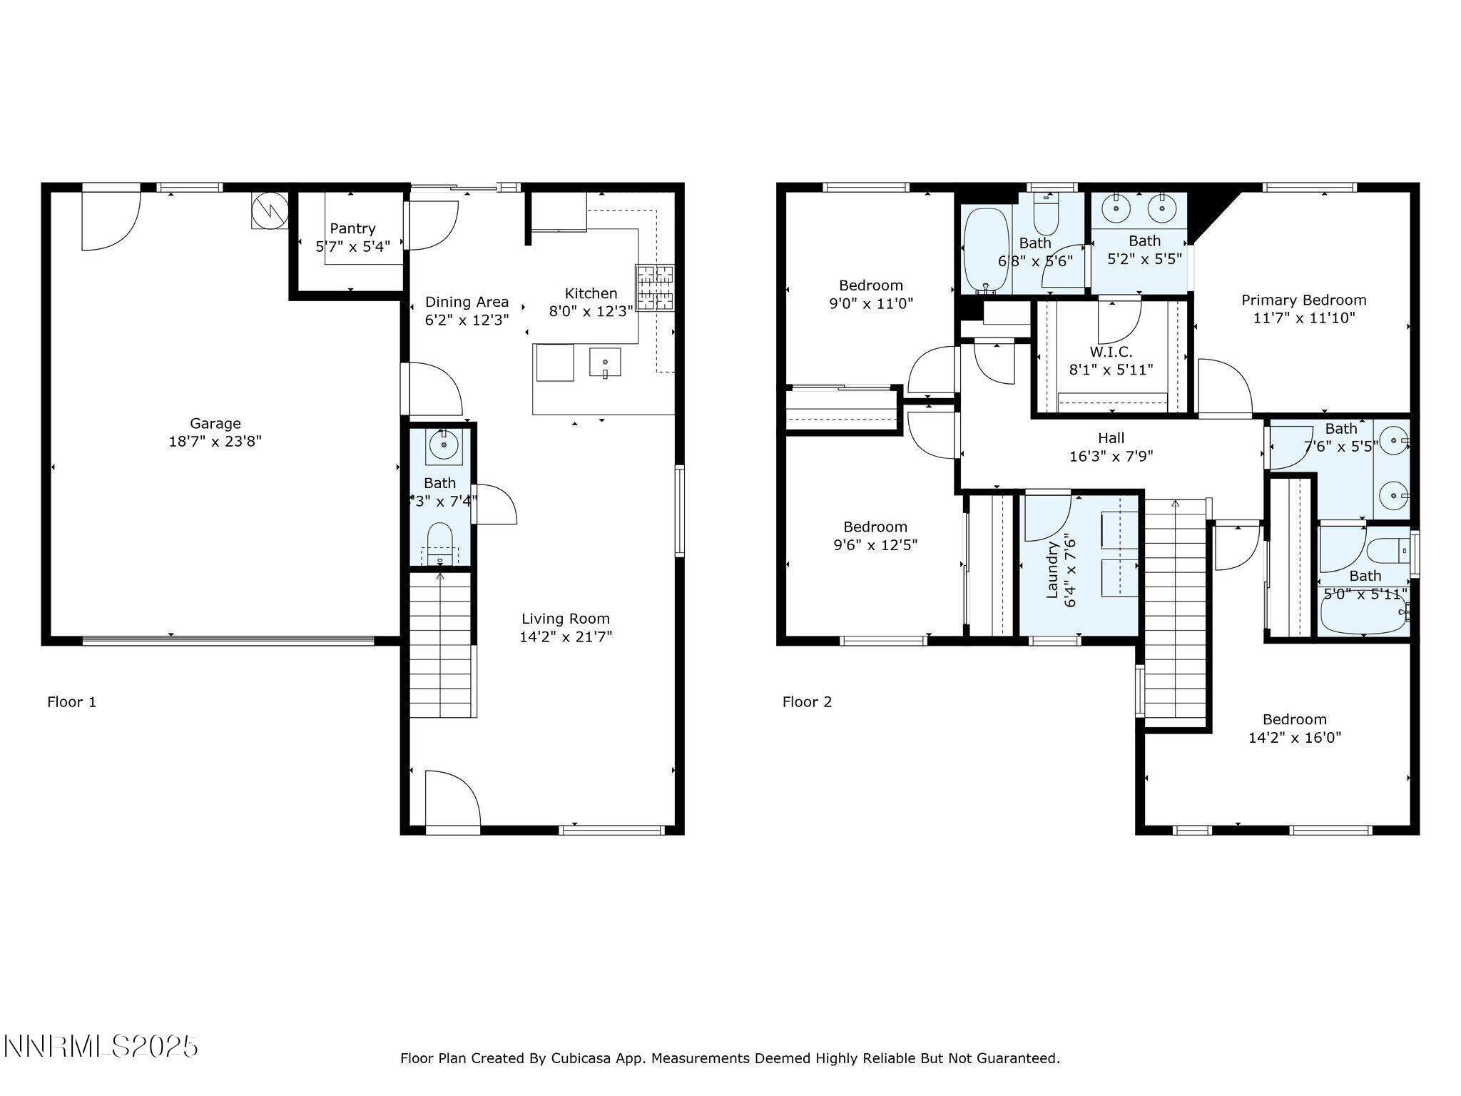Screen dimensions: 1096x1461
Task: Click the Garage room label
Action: (x=215, y=423)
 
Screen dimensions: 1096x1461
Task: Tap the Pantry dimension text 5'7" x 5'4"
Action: (x=352, y=247)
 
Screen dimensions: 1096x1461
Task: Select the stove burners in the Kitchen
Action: (x=655, y=288)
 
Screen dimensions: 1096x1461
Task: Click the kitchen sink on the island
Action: (x=605, y=362)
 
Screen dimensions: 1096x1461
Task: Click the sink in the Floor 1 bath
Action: (x=444, y=445)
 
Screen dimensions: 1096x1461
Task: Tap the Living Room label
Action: (x=565, y=619)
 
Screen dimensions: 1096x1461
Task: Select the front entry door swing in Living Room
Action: (x=452, y=799)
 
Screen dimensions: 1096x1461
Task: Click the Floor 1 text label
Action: (x=71, y=702)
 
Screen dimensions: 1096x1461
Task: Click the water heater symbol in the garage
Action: (x=269, y=208)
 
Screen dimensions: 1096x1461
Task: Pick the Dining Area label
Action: (x=467, y=302)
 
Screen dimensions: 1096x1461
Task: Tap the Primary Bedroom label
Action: (x=1303, y=300)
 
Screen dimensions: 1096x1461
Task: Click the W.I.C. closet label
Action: (x=1110, y=352)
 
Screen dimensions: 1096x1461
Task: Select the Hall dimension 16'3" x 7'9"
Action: (x=1111, y=457)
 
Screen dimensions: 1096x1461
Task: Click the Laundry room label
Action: (x=1052, y=569)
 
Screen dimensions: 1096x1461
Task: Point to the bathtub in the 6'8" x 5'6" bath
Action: (x=986, y=250)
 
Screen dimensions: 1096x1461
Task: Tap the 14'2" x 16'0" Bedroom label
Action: (x=1294, y=719)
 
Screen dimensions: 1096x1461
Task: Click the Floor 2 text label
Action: (x=807, y=702)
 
